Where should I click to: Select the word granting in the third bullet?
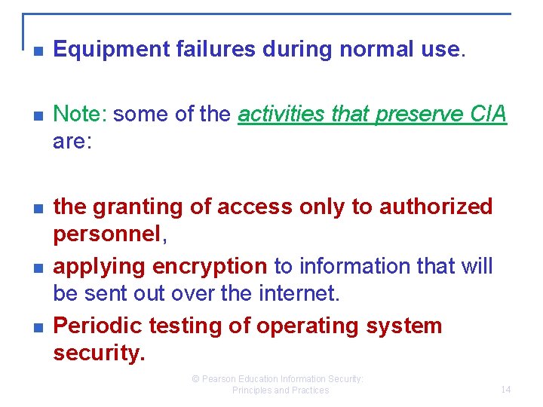(133, 207)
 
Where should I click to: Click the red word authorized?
(435, 207)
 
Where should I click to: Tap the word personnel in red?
(106, 234)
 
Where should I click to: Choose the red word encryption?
(210, 266)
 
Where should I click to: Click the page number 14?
(505, 390)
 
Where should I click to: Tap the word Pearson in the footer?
(221, 379)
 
